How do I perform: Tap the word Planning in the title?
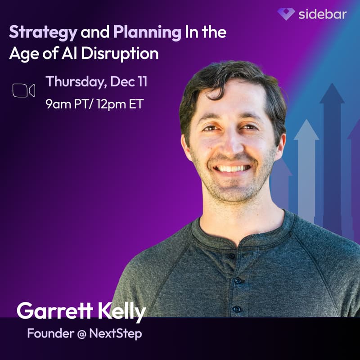tap(144, 32)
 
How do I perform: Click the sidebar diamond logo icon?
tap(286, 14)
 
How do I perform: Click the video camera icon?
tap(24, 90)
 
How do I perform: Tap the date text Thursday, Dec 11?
tap(96, 82)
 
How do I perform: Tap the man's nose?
tap(229, 143)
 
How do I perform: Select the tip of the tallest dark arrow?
tap(332, 85)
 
